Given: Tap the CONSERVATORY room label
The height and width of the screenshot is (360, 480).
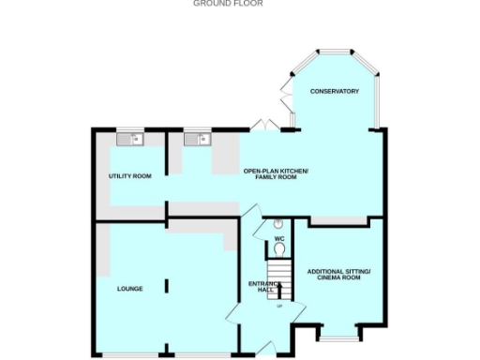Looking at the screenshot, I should click(336, 91).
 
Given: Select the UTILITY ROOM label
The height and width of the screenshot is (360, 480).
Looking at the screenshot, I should click(129, 176).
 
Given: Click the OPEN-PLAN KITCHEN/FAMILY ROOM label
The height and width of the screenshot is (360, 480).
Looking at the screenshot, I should click(276, 173).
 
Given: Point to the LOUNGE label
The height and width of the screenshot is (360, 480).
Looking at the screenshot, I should click(129, 289).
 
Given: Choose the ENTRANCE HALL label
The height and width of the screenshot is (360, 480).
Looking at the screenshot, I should click(260, 286).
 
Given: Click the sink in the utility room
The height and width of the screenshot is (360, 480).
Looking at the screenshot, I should click(131, 140).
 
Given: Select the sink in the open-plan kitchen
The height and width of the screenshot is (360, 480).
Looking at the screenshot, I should click(198, 140).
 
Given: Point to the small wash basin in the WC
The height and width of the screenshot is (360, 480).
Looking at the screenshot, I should click(277, 225).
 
